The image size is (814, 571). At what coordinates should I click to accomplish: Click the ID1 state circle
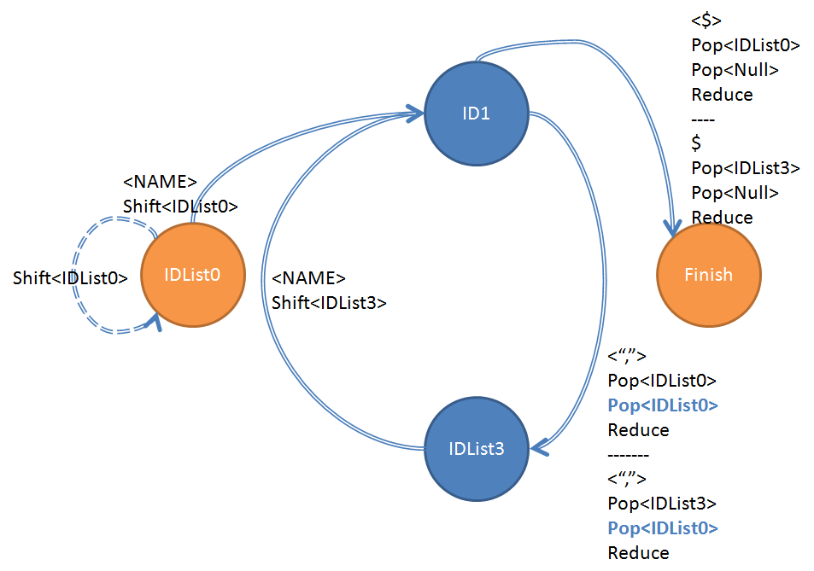pos(477,114)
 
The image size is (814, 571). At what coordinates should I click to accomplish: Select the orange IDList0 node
pos(192,275)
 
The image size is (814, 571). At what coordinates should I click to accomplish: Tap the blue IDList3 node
pos(477,449)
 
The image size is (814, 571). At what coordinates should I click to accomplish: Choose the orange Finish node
pos(709,275)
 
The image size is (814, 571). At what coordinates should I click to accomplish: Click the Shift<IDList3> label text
pos(329,303)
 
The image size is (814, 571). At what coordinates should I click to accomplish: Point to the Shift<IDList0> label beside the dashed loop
pos(70,278)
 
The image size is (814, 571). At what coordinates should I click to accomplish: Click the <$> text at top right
pos(706,20)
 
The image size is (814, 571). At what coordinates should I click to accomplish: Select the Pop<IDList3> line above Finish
pos(746,168)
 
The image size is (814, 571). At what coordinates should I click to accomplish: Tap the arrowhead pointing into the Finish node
pos(673,228)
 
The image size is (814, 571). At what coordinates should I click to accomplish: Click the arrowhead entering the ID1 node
pos(415,114)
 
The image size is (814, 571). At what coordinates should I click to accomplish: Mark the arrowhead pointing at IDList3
pos(539,447)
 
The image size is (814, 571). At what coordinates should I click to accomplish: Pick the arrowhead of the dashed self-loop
pos(154,322)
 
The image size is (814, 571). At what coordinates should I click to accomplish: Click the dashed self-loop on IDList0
pos(73,275)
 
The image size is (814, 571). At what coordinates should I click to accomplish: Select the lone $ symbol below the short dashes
pos(696,143)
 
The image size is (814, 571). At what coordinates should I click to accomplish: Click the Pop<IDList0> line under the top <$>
pos(746,45)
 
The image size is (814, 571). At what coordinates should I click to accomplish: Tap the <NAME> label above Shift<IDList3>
pos(308,278)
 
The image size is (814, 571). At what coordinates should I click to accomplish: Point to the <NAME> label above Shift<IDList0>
pos(160,182)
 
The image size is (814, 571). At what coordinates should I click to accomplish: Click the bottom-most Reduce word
pos(639,553)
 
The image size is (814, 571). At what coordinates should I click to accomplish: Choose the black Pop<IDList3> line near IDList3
pos(662,504)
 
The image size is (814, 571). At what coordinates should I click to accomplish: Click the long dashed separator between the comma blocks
pos(628,455)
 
